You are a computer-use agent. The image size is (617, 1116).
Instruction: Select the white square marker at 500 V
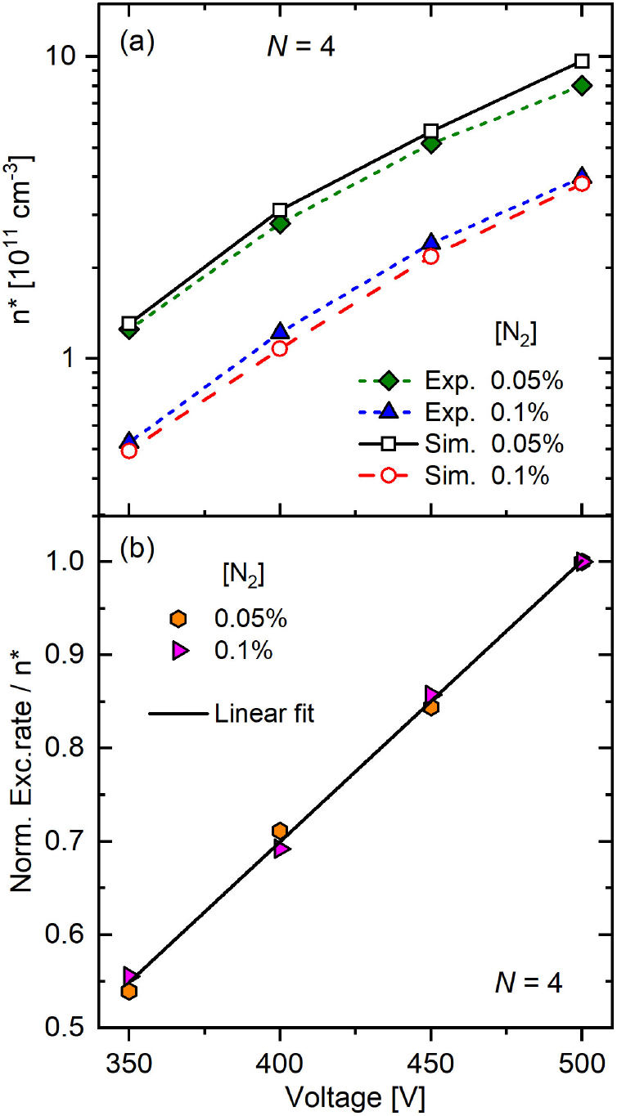[582, 61]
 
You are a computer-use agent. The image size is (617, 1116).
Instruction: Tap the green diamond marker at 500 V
[582, 85]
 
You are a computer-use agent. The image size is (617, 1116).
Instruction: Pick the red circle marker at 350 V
[128, 450]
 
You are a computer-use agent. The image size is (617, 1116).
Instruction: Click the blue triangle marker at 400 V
[280, 331]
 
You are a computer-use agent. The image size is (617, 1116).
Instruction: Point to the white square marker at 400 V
[280, 210]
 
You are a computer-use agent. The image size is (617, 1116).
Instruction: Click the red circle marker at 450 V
[431, 256]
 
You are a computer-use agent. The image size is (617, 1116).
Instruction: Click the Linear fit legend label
[264, 714]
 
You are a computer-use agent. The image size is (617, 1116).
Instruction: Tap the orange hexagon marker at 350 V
[128, 991]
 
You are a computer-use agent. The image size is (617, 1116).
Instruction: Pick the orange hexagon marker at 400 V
[280, 831]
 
